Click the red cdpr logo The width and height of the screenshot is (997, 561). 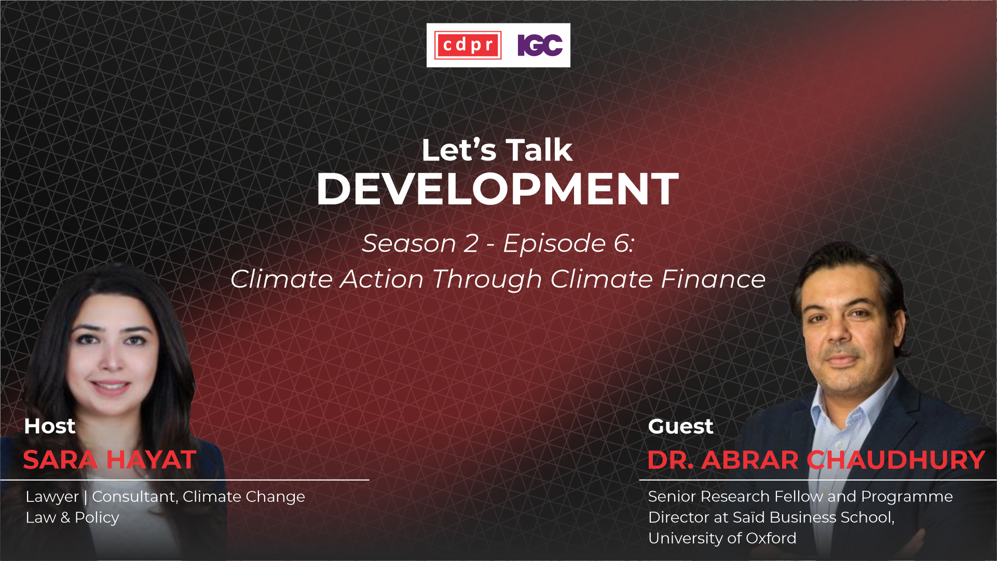[468, 45]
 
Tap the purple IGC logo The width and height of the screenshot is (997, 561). [540, 45]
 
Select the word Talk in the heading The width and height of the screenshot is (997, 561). [539, 150]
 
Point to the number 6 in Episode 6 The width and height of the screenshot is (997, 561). [622, 243]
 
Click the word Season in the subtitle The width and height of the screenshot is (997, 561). [409, 243]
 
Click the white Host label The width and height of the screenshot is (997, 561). [50, 426]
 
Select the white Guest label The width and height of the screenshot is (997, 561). [680, 426]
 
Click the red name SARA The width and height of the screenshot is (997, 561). [60, 460]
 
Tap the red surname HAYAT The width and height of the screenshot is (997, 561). [151, 460]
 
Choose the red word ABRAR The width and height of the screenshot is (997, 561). [750, 460]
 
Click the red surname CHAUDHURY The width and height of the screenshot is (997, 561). [896, 460]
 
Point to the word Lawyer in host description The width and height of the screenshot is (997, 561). [52, 497]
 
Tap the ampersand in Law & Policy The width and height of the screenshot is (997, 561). [65, 517]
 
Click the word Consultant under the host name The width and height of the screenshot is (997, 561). [135, 497]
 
